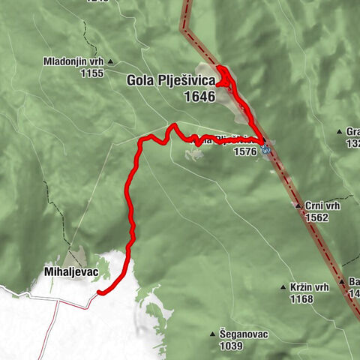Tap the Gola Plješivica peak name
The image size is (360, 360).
(x=171, y=80)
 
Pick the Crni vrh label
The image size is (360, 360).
(x=319, y=205)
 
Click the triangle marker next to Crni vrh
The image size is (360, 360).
(x=298, y=205)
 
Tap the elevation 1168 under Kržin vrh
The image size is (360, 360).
(x=303, y=298)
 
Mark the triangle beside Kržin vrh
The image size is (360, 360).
(x=283, y=287)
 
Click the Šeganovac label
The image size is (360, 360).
(x=245, y=334)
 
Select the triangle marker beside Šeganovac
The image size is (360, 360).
(x=212, y=334)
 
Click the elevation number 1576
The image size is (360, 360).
(x=245, y=151)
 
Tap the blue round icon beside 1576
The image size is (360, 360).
(x=266, y=150)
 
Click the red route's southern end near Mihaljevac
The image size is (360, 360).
(x=99, y=293)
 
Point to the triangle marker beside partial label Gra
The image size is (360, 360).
(x=339, y=130)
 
